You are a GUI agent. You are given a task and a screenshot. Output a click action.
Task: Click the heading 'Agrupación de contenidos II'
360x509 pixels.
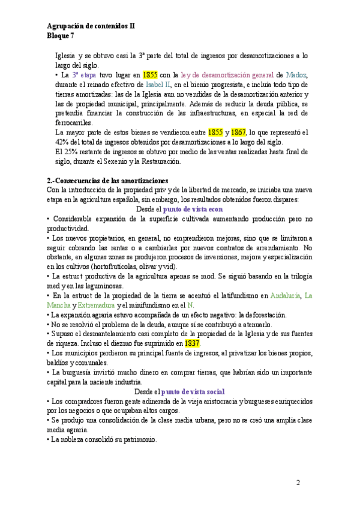coord(91,26)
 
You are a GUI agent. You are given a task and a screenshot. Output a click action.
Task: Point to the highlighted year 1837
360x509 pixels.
coord(193,343)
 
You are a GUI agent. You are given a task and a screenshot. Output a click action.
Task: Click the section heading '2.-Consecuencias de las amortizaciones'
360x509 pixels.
coord(108,180)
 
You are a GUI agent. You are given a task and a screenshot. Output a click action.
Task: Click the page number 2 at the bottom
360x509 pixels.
coord(299,483)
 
